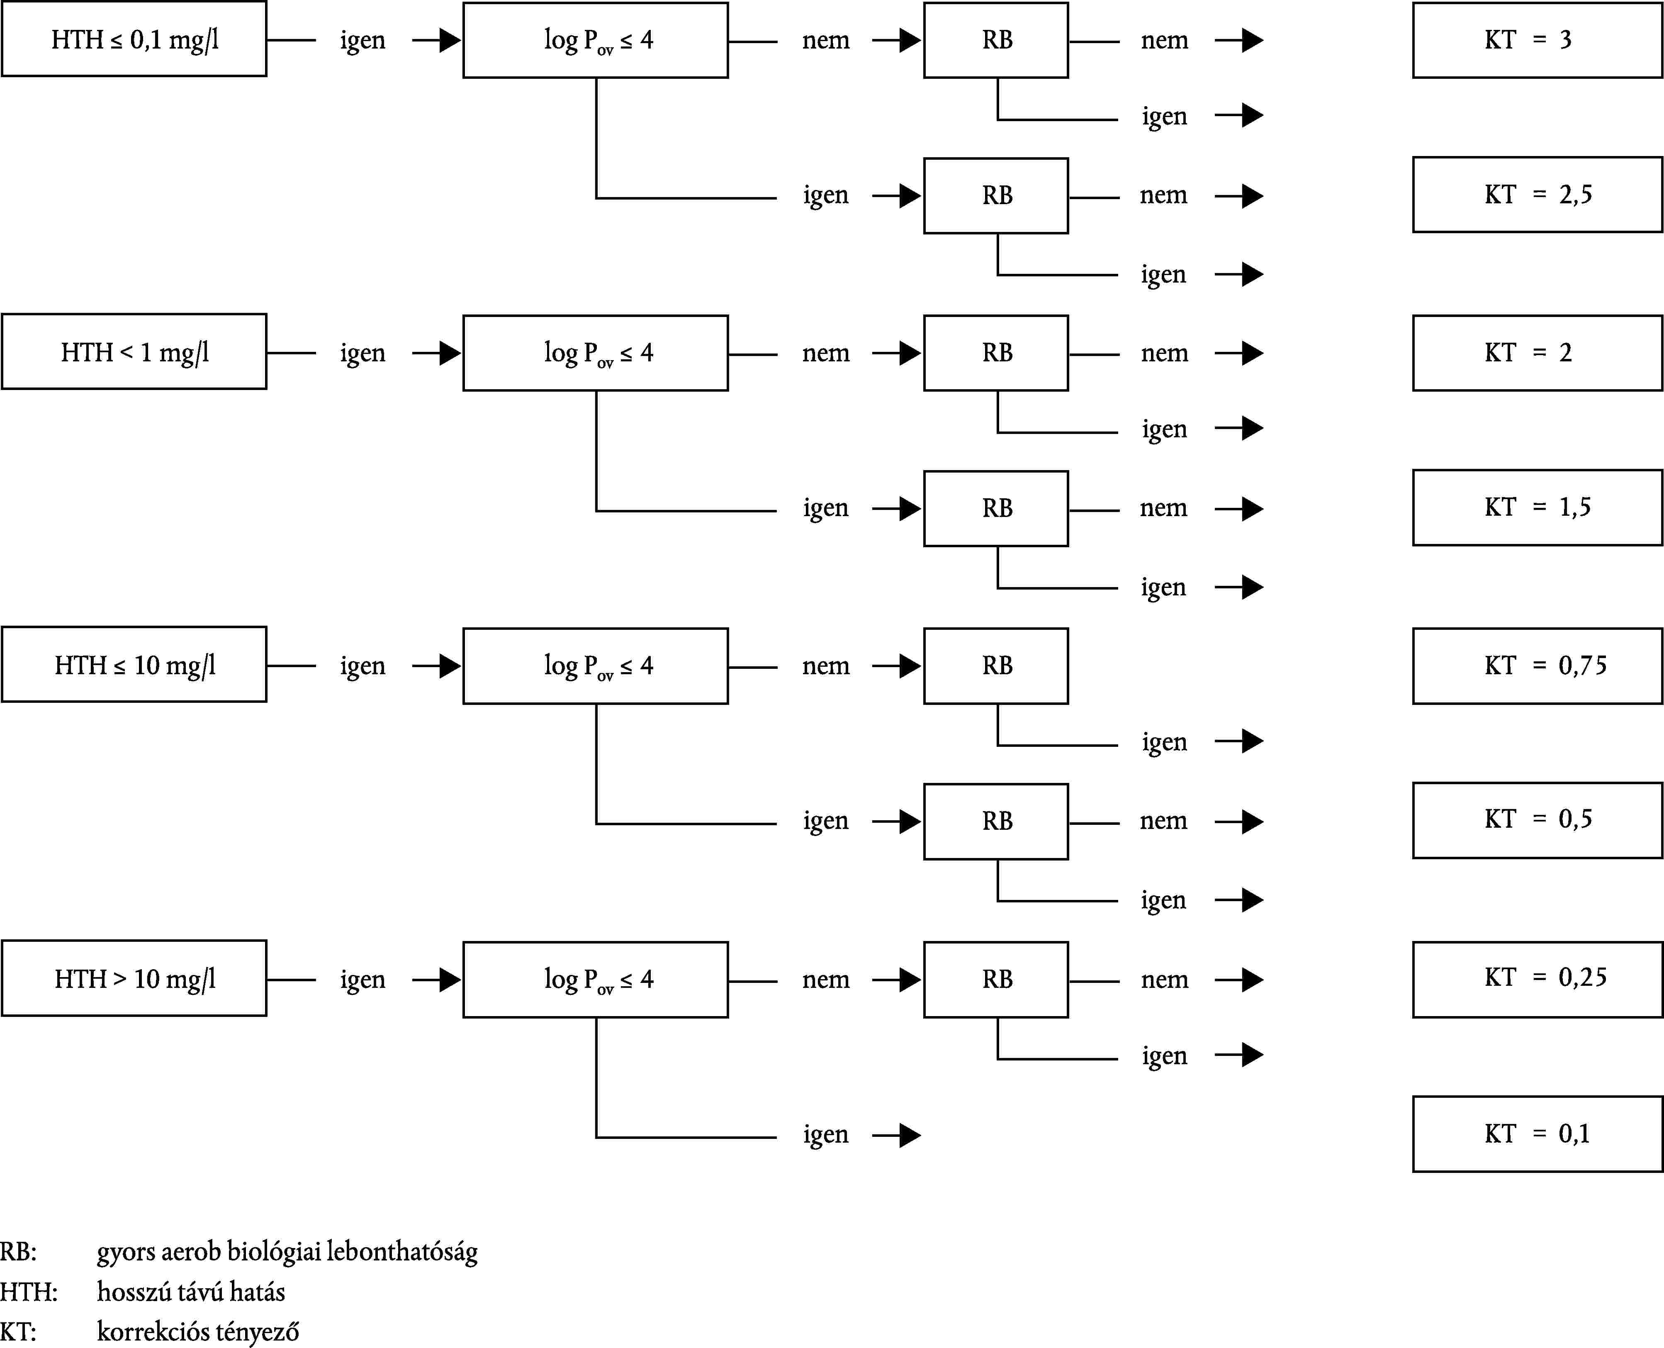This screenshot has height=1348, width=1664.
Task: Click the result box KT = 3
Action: [1537, 39]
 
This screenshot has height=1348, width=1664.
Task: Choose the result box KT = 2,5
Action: [1537, 194]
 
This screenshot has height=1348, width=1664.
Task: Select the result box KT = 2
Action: [1537, 353]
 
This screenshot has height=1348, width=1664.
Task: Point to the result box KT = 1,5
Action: [1537, 507]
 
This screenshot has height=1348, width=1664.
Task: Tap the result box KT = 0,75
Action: [1537, 665]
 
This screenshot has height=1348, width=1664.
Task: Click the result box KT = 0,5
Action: [1537, 820]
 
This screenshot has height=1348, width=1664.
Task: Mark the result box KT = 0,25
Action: [1537, 978]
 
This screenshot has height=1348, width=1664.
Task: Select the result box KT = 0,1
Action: [1537, 1133]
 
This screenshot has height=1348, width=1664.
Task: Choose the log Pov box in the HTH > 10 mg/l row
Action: [595, 979]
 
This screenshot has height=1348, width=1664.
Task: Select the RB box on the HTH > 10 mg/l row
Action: [996, 979]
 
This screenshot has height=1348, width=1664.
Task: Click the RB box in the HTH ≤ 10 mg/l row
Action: [996, 665]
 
